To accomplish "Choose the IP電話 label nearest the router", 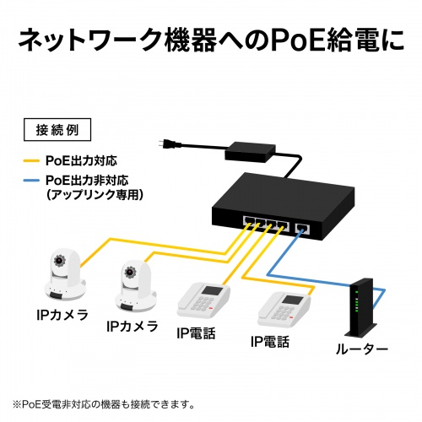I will tap(269, 342).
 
